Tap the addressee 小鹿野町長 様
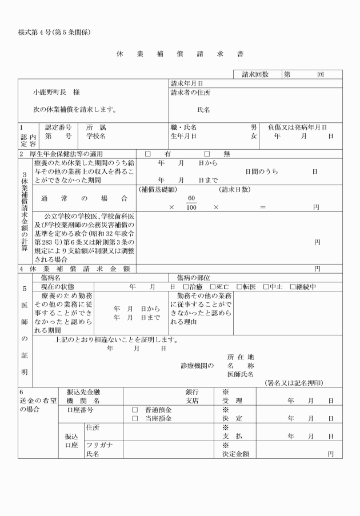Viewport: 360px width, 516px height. click(x=56, y=92)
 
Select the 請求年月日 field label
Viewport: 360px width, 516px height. click(x=187, y=83)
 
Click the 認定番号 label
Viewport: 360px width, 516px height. click(x=58, y=127)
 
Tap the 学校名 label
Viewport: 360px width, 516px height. click(x=97, y=137)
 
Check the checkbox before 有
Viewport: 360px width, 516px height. click(x=147, y=154)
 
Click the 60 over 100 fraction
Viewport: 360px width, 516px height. click(x=191, y=203)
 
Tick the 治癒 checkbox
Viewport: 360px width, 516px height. click(x=186, y=286)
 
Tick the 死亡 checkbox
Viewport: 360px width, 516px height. click(x=213, y=286)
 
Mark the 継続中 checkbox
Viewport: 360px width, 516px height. click(x=293, y=286)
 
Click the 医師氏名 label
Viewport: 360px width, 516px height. click(x=241, y=374)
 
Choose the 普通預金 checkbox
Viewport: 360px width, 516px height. click(x=135, y=410)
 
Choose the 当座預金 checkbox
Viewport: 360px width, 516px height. click(x=135, y=419)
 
